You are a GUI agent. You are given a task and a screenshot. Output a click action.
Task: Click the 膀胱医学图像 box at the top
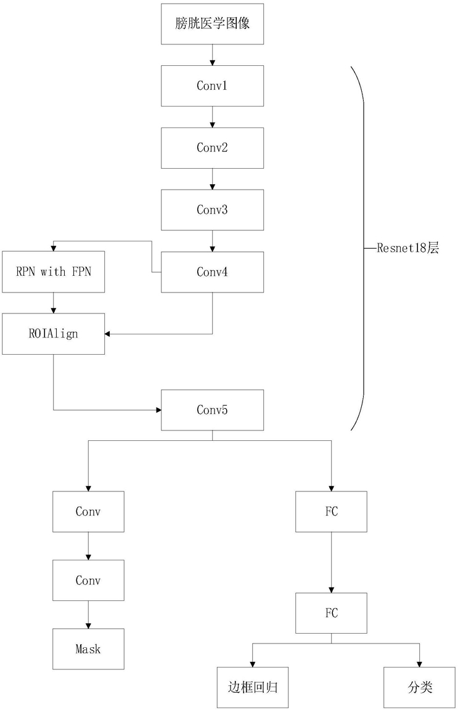point(212,24)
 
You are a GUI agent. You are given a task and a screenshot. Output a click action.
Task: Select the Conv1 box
point(212,86)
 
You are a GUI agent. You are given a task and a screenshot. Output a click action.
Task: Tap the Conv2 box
point(212,148)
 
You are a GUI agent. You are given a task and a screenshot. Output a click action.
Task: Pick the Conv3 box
point(212,210)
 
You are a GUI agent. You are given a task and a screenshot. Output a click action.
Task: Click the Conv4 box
point(212,272)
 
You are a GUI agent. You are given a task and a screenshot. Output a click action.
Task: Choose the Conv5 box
point(212,410)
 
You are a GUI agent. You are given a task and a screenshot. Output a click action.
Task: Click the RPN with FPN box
point(54,272)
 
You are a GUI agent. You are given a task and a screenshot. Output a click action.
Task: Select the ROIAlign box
point(54,334)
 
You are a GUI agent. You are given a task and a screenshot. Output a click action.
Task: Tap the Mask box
point(88,649)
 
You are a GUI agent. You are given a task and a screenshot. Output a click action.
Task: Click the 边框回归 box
point(253,687)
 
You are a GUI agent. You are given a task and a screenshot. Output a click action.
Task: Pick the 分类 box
point(419,687)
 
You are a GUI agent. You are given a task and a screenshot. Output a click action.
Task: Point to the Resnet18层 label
point(408,248)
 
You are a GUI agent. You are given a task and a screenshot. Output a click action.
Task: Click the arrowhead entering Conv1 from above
point(212,63)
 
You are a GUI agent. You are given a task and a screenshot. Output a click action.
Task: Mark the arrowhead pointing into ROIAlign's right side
point(107,334)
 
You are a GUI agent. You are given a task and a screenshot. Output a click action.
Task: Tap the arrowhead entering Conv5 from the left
point(158,410)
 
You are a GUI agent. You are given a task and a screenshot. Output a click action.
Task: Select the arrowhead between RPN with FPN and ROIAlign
point(54,311)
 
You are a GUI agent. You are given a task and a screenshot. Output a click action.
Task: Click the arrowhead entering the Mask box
point(88,626)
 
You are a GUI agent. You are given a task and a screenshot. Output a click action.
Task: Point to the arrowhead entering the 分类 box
point(419,664)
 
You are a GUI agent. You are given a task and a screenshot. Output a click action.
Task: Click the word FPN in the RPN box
point(81,272)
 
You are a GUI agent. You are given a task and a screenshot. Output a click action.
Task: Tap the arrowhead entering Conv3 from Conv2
point(212,187)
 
